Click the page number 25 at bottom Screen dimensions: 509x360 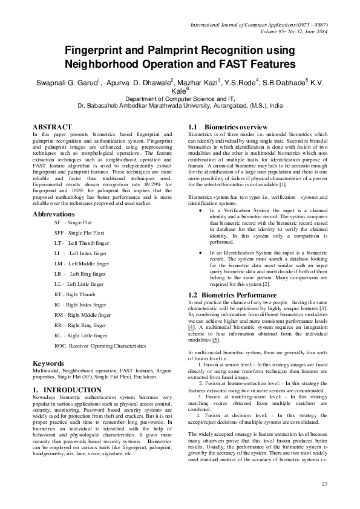[324, 484]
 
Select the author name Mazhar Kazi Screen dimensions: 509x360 [203, 83]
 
